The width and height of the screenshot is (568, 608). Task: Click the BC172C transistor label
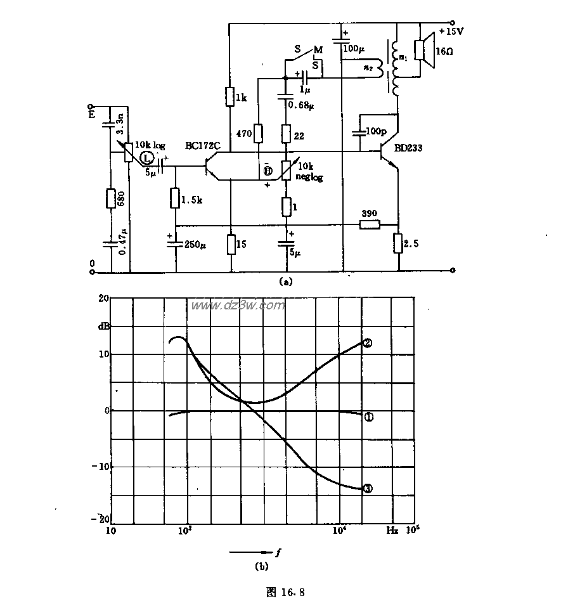202,146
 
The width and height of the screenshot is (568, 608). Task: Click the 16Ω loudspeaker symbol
423,49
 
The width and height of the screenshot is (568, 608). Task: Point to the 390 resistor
368,224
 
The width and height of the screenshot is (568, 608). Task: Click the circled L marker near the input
147,157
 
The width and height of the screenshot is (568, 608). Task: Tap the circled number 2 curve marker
366,343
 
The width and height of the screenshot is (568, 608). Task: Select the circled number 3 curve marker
367,489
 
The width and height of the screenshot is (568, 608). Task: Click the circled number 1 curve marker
368,417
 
